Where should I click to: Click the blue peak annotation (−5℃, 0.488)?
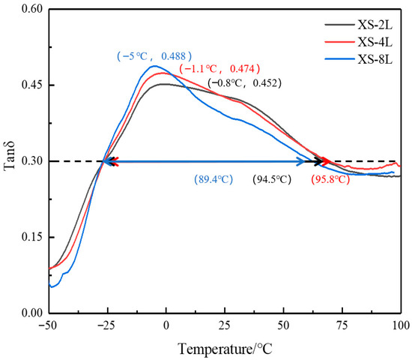155,55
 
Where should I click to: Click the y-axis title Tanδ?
10,160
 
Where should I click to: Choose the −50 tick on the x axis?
49,325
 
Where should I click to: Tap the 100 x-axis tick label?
400,325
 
